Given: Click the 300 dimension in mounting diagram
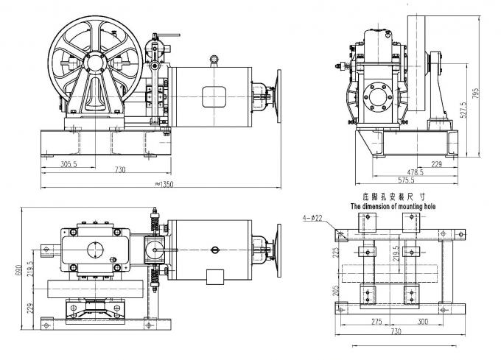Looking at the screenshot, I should pos(423,321).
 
